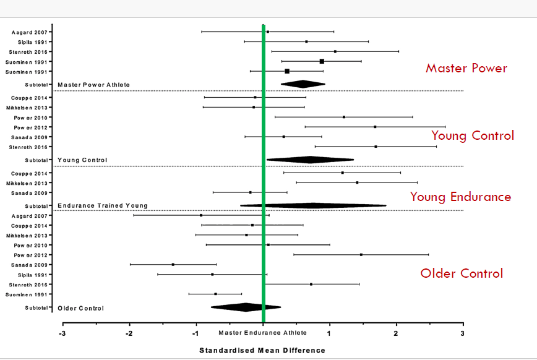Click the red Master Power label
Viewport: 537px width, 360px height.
(466, 68)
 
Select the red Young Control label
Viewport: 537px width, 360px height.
(472, 135)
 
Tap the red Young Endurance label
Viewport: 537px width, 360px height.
(460, 197)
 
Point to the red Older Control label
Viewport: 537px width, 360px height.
(461, 273)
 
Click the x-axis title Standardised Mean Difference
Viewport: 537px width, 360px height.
(262, 351)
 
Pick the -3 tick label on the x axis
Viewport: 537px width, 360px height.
(62, 333)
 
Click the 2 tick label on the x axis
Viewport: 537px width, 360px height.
(396, 333)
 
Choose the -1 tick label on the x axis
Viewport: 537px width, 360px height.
(195, 333)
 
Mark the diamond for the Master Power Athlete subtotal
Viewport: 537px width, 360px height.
(303, 84)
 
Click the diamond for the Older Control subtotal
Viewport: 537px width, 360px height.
(246, 307)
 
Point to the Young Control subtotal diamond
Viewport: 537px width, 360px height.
(310, 160)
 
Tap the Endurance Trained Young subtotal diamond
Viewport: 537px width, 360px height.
(313, 205)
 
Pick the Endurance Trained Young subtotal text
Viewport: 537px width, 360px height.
(102, 205)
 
